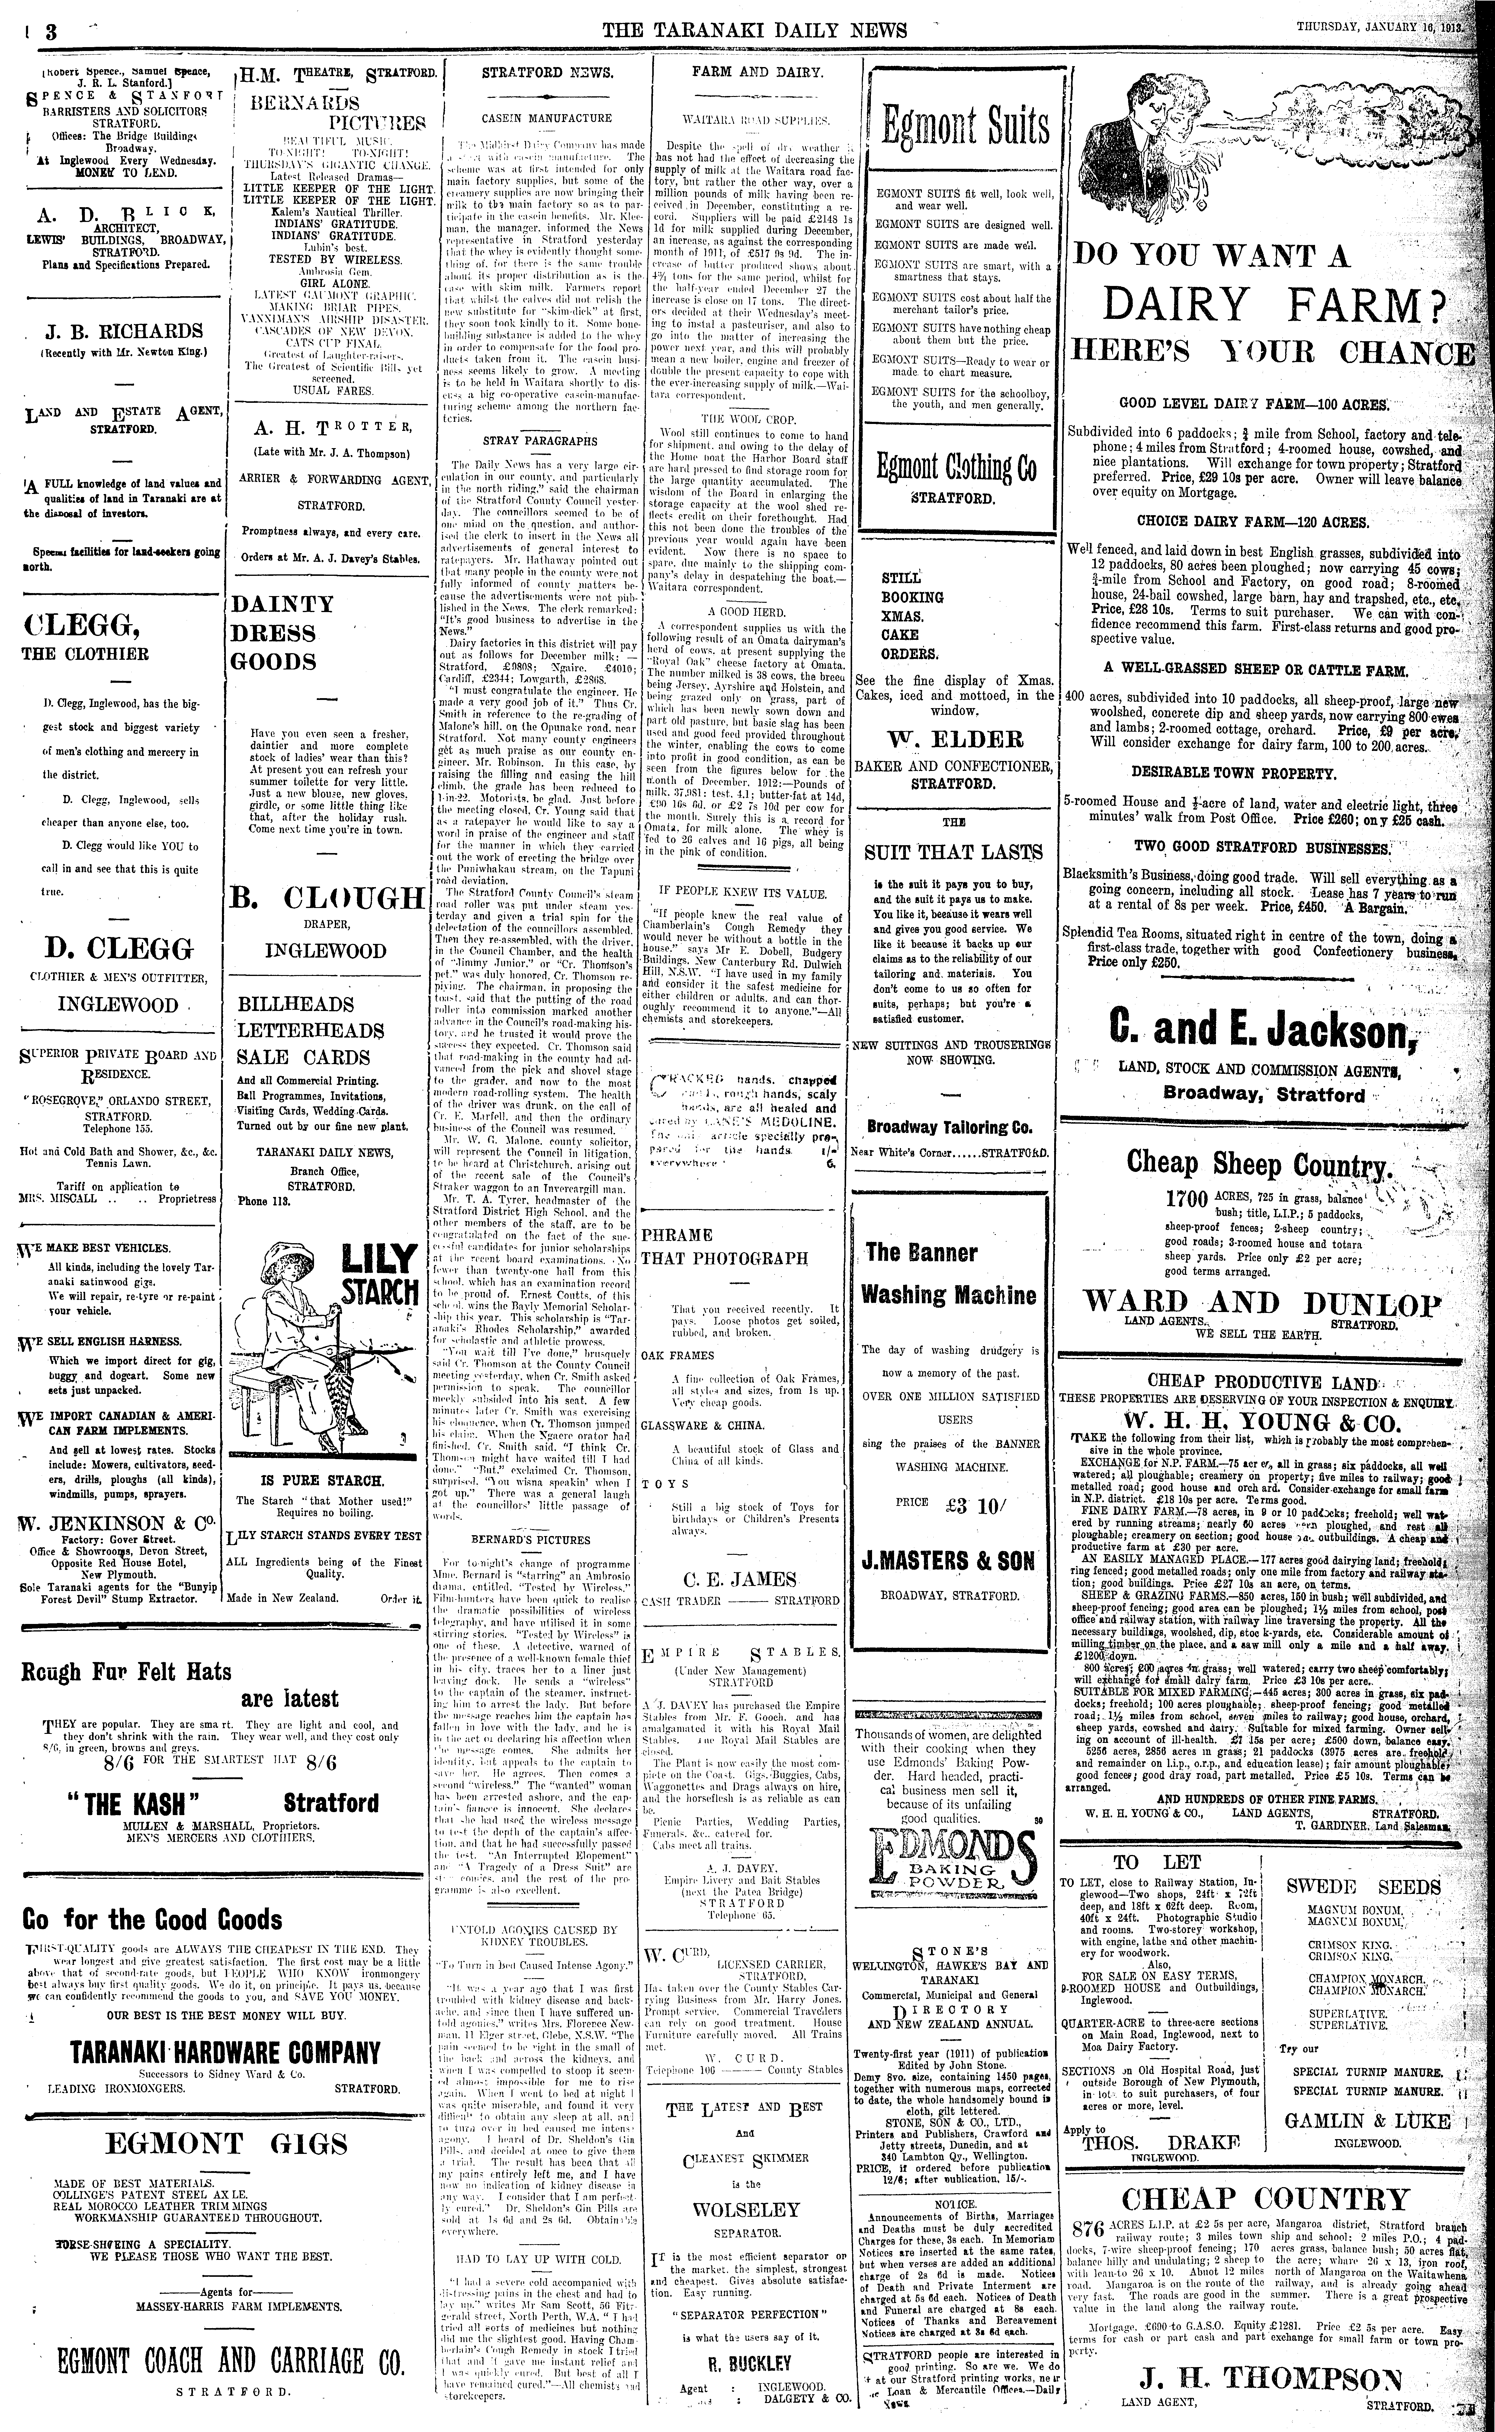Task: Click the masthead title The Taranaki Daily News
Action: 754,30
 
